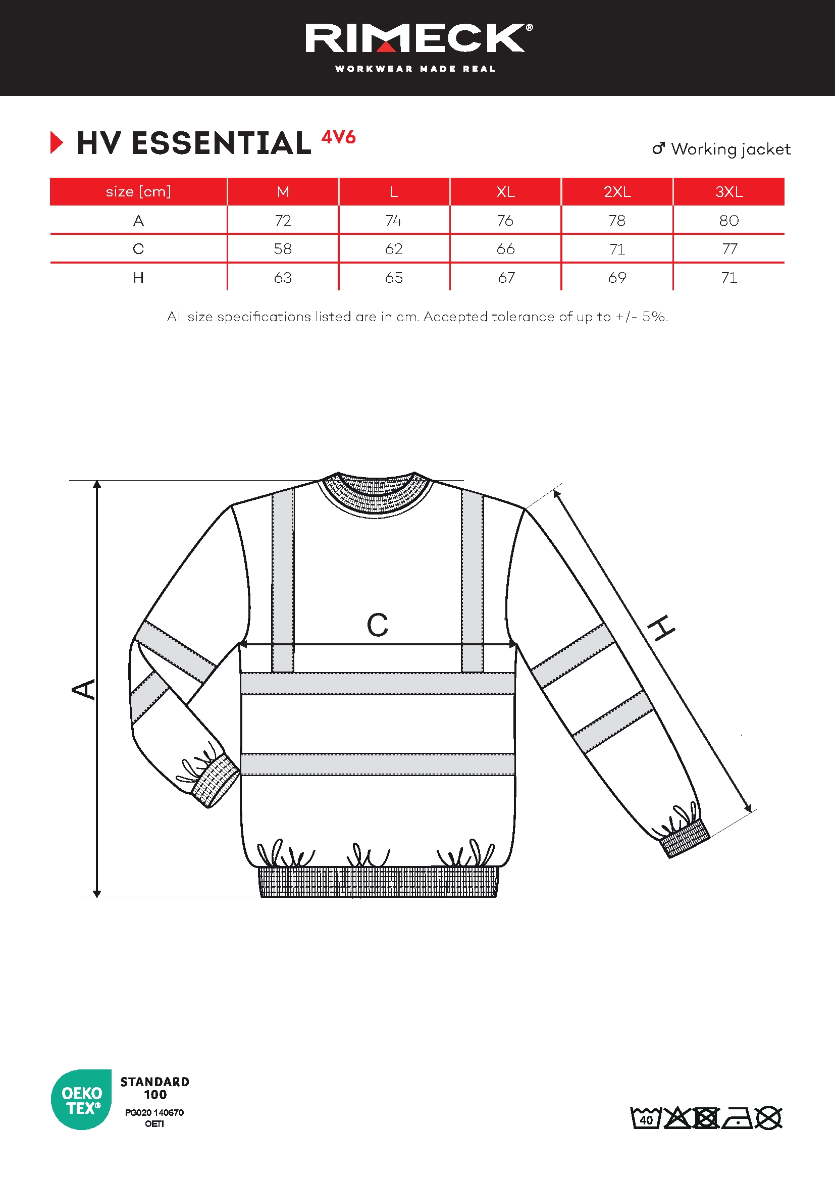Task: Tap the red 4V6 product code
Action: pyautogui.click(x=338, y=137)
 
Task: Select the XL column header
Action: pyautogui.click(x=505, y=192)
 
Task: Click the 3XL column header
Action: pyautogui.click(x=728, y=192)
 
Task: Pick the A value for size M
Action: pyautogui.click(x=283, y=221)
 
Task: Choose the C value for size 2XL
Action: pyautogui.click(x=617, y=249)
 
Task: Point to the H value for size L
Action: pyautogui.click(x=394, y=278)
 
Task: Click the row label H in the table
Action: pyautogui.click(x=138, y=278)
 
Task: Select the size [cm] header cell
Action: pyautogui.click(x=138, y=192)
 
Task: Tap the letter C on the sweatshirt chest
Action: pyautogui.click(x=378, y=626)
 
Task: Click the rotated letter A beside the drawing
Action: pyautogui.click(x=84, y=689)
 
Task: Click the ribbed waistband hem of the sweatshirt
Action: pyautogui.click(x=378, y=882)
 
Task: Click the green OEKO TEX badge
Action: pyautogui.click(x=81, y=1100)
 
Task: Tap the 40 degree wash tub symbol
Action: pyautogui.click(x=646, y=1118)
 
